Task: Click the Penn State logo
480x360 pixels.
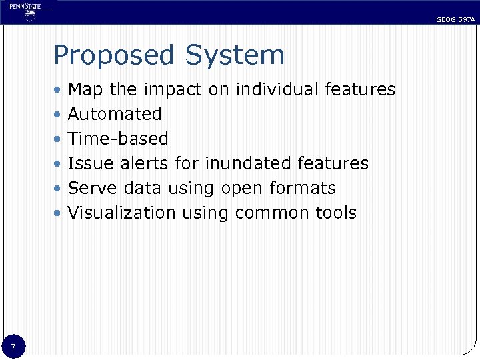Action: coord(26,12)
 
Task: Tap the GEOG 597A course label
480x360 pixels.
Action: coord(455,20)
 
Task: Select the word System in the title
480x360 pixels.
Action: coord(235,55)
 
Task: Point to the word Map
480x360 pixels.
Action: coord(85,89)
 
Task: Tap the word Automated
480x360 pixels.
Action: coord(115,114)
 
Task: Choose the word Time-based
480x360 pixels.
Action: coord(118,139)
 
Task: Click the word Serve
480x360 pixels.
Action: coord(92,188)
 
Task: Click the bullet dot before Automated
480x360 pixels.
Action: coord(59,115)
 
